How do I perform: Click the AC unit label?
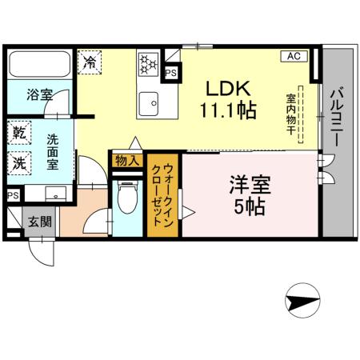pos(293,56)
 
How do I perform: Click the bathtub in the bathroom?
pos(40,66)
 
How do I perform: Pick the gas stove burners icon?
pos(149,63)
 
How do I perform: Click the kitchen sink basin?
pos(149,102)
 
